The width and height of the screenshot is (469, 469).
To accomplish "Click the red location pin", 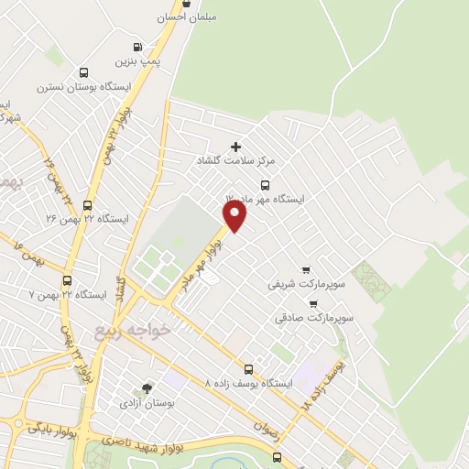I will (x=235, y=215).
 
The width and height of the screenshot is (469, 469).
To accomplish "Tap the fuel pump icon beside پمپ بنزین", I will (x=137, y=47).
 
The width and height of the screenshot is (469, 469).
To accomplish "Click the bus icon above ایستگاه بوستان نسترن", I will (x=84, y=73).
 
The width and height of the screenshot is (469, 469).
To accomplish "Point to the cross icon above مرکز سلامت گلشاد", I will (x=236, y=147).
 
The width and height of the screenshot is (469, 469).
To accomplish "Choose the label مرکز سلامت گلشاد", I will (x=235, y=160).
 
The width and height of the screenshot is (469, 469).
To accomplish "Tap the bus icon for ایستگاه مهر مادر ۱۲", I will (x=265, y=184).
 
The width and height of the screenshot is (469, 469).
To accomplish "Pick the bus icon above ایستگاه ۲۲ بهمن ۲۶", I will (x=87, y=206).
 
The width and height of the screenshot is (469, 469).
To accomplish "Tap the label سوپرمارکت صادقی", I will (x=313, y=318).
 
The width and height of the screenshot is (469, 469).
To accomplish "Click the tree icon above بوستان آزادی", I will (x=147, y=388).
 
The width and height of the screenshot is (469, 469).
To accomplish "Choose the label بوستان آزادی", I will (x=147, y=402).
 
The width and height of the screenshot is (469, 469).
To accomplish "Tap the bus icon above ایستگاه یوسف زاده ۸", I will (x=248, y=369).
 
